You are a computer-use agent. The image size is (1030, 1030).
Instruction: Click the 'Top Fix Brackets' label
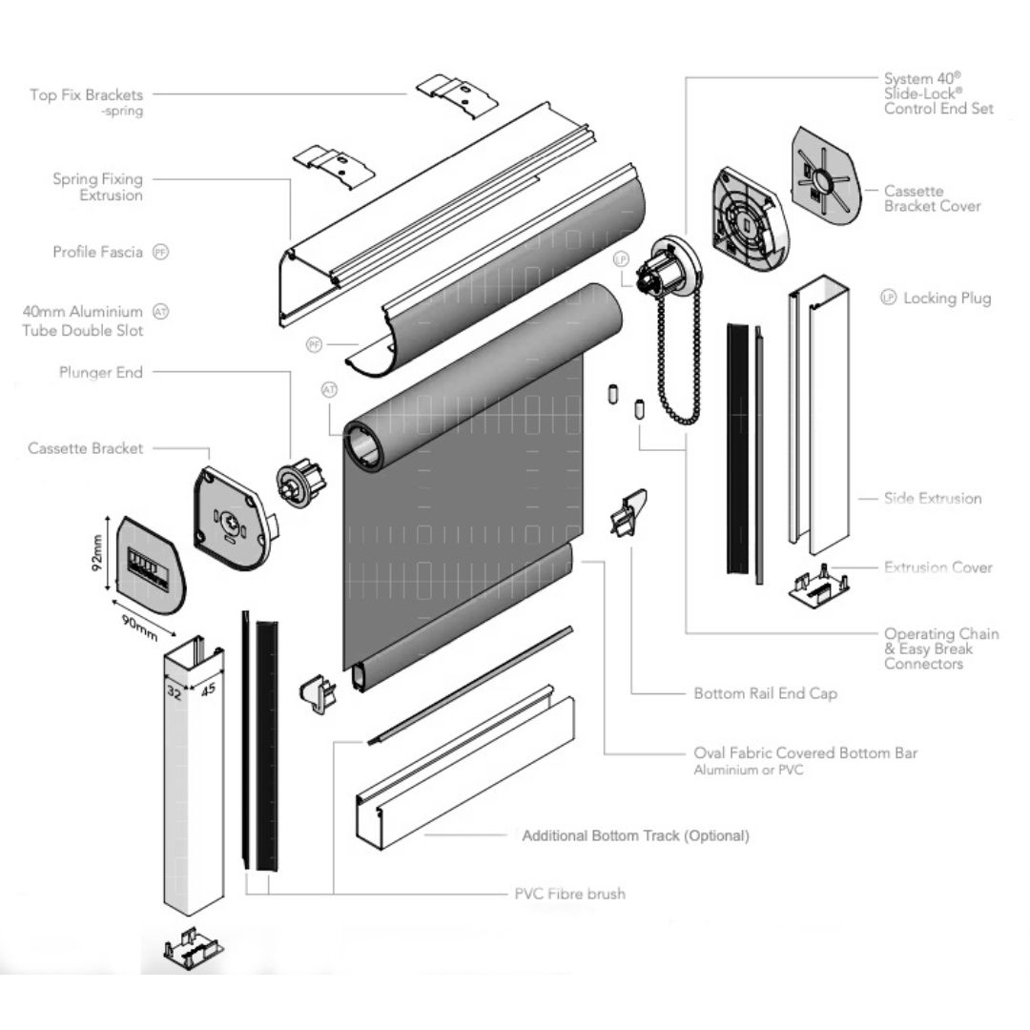(86, 95)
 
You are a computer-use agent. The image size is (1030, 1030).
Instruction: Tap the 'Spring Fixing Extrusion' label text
(97, 187)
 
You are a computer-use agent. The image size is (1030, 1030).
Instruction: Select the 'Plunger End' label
(100, 373)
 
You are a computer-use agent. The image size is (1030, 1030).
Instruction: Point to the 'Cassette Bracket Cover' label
(932, 198)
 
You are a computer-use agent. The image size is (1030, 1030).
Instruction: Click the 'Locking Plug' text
(947, 299)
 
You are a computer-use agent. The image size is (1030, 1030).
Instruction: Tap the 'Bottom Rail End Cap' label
(766, 693)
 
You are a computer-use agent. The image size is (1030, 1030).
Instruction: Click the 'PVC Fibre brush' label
(569, 895)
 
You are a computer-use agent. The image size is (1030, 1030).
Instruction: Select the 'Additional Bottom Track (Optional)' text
(635, 835)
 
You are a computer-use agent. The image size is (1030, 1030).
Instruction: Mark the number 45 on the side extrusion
(207, 688)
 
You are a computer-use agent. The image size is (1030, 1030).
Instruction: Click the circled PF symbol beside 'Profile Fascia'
(161, 253)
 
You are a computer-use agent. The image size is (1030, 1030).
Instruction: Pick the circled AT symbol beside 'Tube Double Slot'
(161, 312)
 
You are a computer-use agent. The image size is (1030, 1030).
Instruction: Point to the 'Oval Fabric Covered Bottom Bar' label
(805, 753)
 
